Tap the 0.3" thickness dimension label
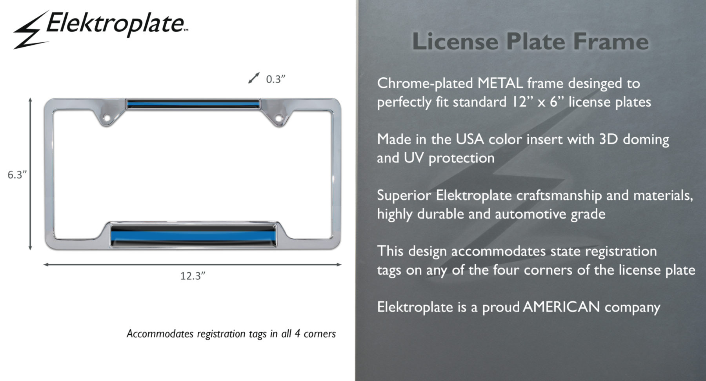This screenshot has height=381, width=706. [275, 79]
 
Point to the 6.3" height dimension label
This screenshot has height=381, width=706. [17, 175]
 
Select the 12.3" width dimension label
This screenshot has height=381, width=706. [193, 276]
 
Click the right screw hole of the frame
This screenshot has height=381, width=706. [278, 118]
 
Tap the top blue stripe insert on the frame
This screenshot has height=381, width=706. [193, 104]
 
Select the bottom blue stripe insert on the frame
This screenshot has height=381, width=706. [193, 235]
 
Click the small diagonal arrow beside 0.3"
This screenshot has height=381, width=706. [254, 78]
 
